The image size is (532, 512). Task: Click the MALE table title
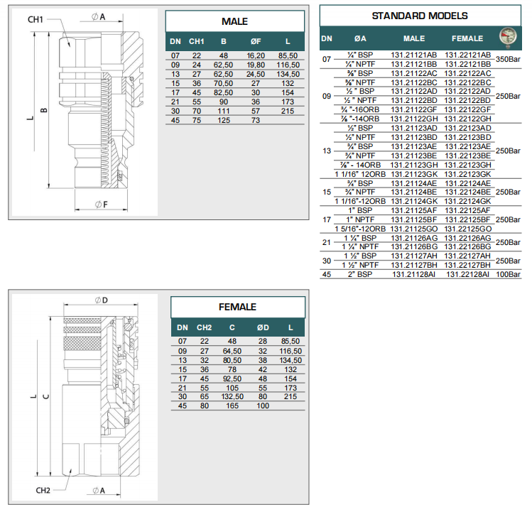tap(234, 21)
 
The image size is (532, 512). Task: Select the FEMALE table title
tap(237, 307)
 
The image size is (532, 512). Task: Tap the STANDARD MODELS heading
tap(420, 16)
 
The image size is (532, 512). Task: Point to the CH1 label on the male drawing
tap(36, 20)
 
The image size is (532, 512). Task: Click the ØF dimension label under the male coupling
tap(102, 205)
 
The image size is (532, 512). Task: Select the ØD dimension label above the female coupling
tap(102, 300)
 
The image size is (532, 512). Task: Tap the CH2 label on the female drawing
tap(43, 490)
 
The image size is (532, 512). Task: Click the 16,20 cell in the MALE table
tap(256, 56)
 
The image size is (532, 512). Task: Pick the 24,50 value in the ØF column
tap(256, 75)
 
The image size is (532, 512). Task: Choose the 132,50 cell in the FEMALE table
tap(232, 397)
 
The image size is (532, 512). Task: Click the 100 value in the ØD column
tap(263, 405)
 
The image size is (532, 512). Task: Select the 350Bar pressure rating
tap(508, 60)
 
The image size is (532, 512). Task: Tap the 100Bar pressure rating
tap(508, 275)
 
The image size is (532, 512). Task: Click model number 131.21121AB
tap(414, 55)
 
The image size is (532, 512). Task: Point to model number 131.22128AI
tap(467, 275)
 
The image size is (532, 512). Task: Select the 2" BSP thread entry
tap(360, 275)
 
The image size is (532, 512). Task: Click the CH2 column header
tap(205, 328)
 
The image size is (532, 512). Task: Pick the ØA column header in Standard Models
tap(360, 38)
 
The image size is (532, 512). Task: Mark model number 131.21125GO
tap(414, 229)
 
